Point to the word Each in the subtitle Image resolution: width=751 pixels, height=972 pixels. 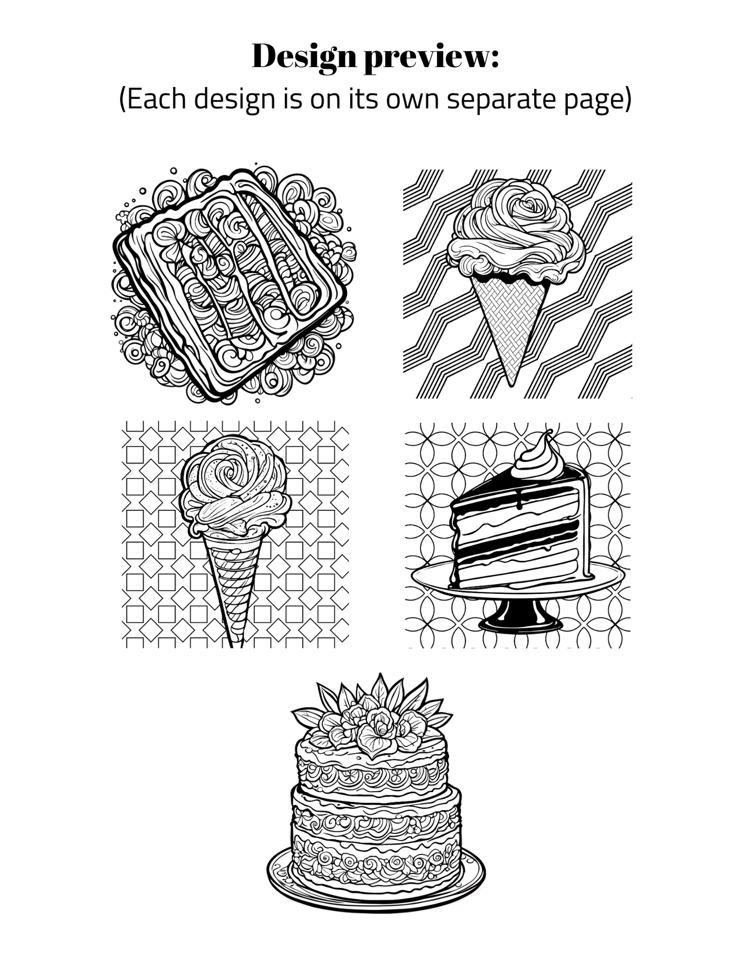pyautogui.click(x=156, y=99)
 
